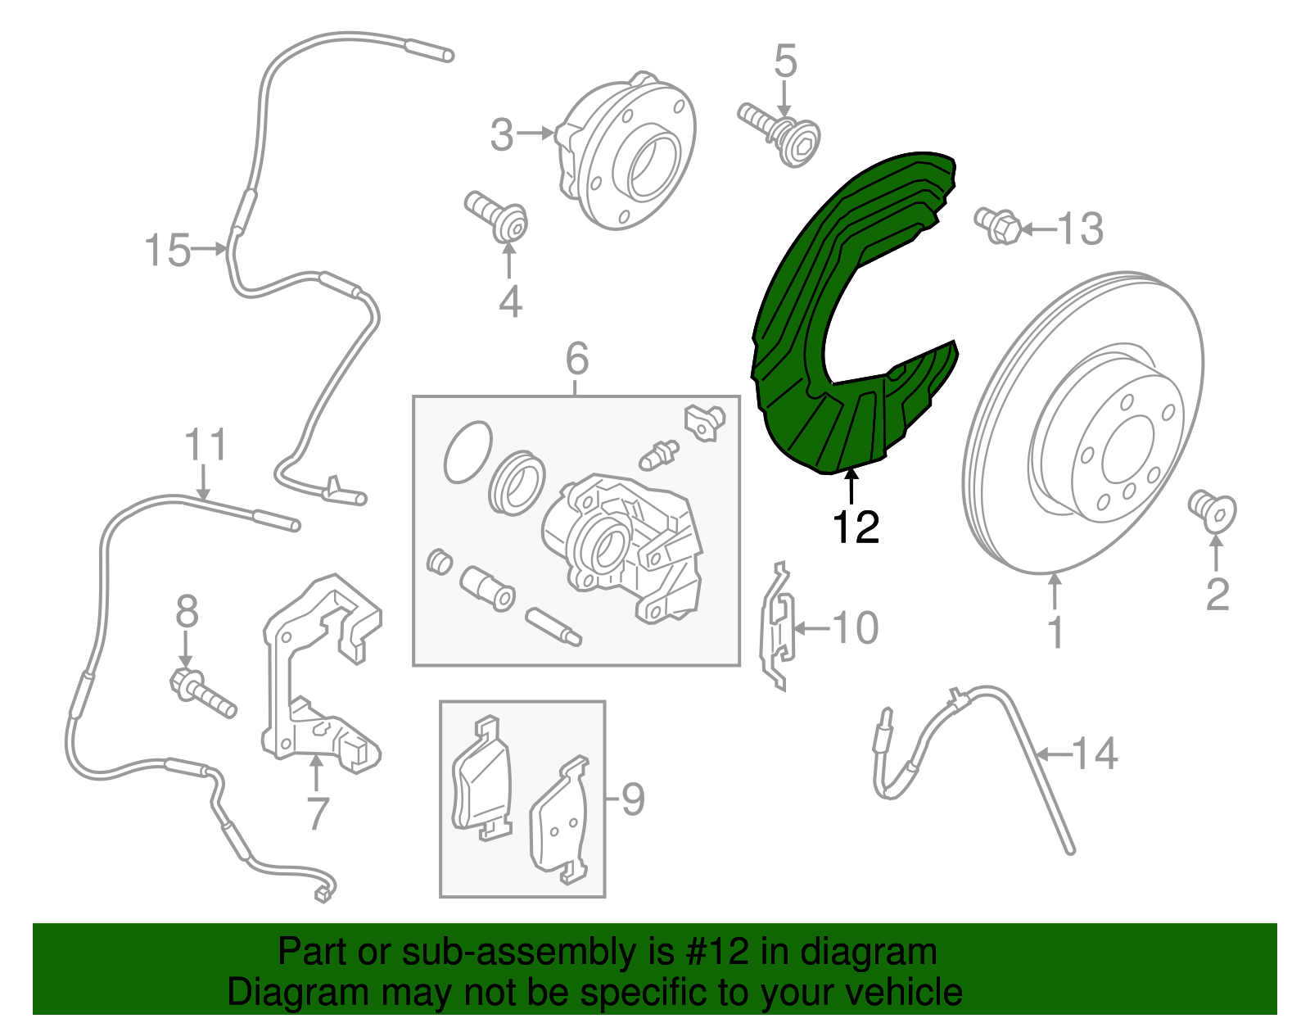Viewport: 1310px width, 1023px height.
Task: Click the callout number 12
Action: [x=856, y=527]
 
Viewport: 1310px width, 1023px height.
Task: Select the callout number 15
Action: [x=168, y=250]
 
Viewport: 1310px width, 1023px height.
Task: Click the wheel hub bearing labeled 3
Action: [x=627, y=152]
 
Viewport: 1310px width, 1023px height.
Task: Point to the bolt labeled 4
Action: [x=496, y=216]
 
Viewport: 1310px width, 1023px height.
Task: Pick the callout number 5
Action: [x=785, y=61]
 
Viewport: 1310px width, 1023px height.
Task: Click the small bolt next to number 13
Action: [x=998, y=225]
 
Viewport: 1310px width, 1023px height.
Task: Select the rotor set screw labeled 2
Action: [x=1213, y=510]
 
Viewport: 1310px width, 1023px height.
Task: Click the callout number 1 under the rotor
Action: [x=1055, y=631]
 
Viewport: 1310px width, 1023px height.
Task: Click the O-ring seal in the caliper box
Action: [x=468, y=451]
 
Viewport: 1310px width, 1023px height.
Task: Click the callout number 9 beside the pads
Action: [x=632, y=799]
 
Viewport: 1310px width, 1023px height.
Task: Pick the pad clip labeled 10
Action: [x=778, y=627]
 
